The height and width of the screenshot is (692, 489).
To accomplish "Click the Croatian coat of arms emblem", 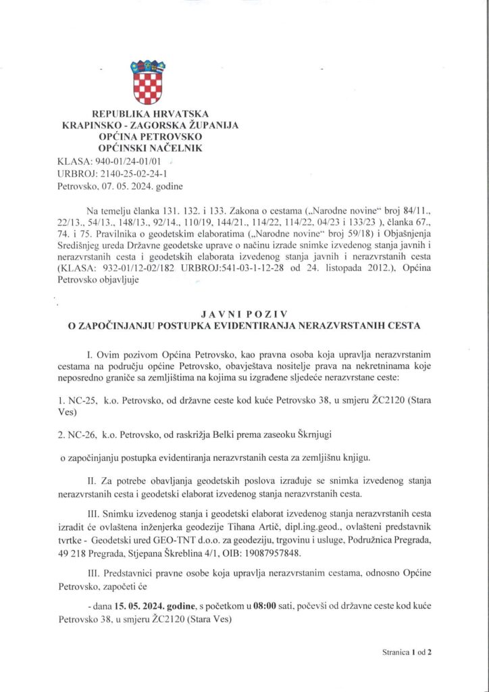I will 147,81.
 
